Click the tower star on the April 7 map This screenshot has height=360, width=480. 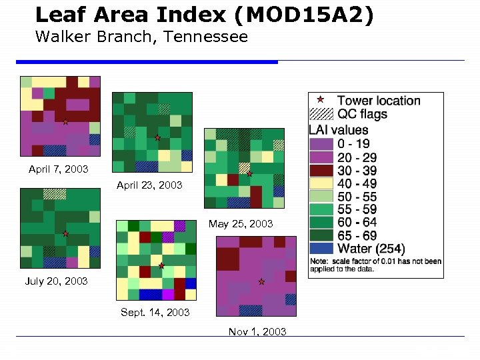pyautogui.click(x=65, y=122)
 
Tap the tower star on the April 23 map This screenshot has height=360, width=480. pyautogui.click(x=157, y=138)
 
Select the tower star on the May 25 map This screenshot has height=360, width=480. pyautogui.click(x=249, y=174)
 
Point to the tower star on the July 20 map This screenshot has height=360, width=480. pyautogui.click(x=65, y=234)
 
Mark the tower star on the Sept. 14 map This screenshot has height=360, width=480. pyautogui.click(x=161, y=265)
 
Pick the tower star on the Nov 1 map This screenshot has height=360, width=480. pyautogui.click(x=261, y=282)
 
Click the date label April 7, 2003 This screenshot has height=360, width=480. pyautogui.click(x=58, y=169)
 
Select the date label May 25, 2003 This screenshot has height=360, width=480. pyautogui.click(x=241, y=224)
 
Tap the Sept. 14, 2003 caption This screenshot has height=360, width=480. pyautogui.click(x=155, y=312)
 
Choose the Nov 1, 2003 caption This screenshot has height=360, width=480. pyautogui.click(x=257, y=331)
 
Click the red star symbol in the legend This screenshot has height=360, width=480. pyautogui.click(x=320, y=100)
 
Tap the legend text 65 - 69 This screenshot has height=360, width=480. pyautogui.click(x=357, y=235)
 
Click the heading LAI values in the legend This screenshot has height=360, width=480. pyautogui.click(x=338, y=129)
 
